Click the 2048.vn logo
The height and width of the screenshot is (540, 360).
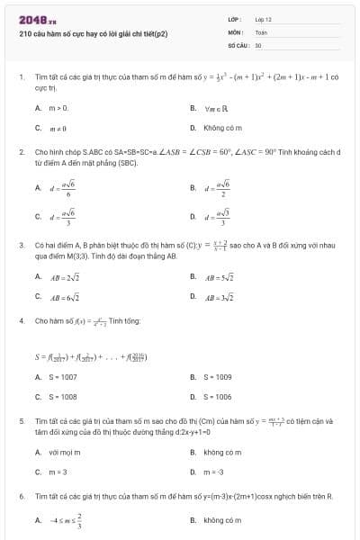tap(37, 18)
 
